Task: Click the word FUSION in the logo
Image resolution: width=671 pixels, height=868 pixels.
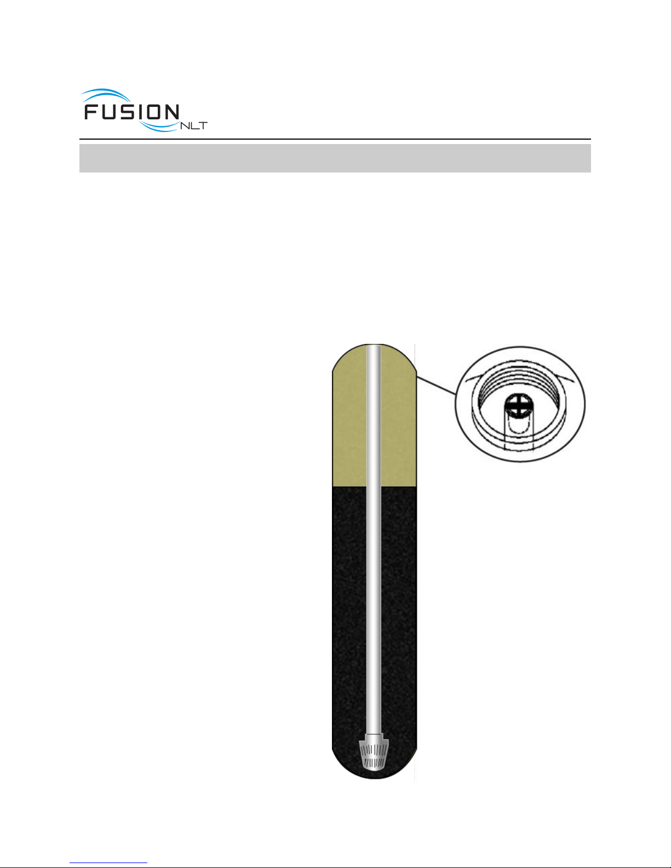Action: click(x=131, y=112)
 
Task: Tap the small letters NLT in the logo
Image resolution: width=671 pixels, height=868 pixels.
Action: click(x=194, y=126)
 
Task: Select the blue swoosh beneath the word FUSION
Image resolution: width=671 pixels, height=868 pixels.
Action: click(x=159, y=127)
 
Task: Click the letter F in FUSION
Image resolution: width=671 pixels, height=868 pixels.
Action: click(x=92, y=112)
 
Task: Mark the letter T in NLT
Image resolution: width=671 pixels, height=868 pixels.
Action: click(x=203, y=126)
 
